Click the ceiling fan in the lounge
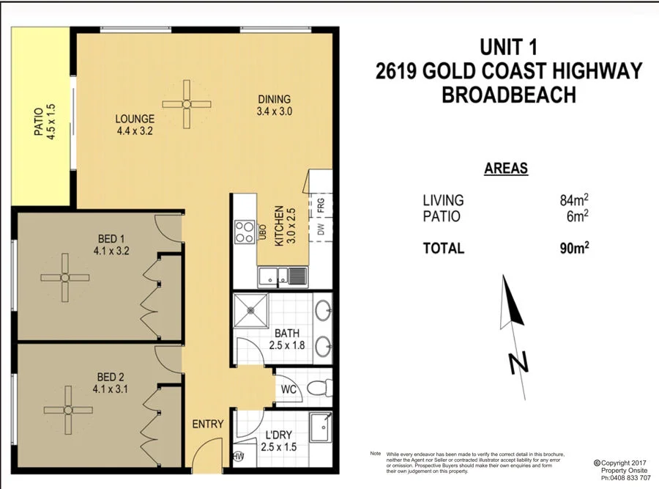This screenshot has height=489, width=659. coord(186,104)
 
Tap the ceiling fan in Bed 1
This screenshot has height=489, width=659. coord(64,277)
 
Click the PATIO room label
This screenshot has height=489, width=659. coord(45,121)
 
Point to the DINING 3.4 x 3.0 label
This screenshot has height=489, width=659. coord(274,106)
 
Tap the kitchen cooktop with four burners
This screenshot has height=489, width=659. coord(243,232)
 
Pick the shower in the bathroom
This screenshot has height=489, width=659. coord(251,311)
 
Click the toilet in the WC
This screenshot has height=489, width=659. coord(316,388)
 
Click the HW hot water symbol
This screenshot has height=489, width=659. coord(239,457)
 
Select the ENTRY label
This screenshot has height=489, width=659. coord(207,424)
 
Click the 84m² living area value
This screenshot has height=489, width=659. coord(575,200)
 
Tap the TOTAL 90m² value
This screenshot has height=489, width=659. coord(575,248)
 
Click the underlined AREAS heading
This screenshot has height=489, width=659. coord(506,169)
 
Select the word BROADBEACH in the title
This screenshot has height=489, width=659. coord(508,95)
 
